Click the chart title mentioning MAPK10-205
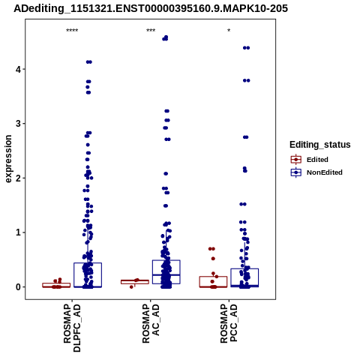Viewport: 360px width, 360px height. point(151,8)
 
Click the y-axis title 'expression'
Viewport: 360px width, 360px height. point(8,159)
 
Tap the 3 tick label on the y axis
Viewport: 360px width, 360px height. point(19,124)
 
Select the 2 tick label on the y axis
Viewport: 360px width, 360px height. point(19,178)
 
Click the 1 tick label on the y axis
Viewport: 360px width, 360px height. point(19,232)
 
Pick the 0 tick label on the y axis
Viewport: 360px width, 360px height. point(19,287)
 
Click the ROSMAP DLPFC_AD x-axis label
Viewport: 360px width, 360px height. point(72,328)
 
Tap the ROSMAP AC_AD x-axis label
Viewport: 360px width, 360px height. point(151,323)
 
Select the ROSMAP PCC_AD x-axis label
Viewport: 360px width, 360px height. point(229,323)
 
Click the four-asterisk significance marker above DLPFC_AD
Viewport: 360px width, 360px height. point(72,31)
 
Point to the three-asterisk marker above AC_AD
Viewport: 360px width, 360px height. point(151,31)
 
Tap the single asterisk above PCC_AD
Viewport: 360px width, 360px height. point(229,31)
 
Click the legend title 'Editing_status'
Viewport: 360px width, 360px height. point(320,145)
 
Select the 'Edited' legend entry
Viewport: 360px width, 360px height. point(310,160)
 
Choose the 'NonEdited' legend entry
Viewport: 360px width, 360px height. point(316,172)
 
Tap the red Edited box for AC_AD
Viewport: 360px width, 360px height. point(135,282)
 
